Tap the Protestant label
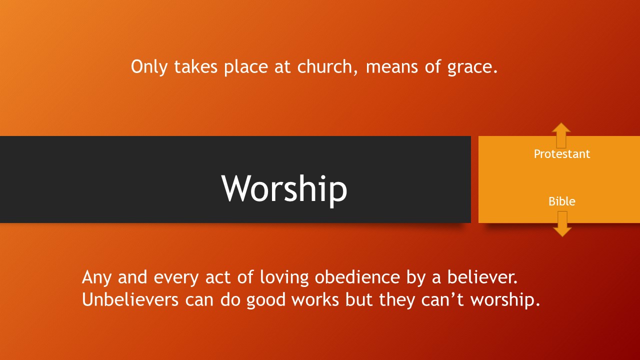(x=561, y=154)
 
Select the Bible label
(x=561, y=201)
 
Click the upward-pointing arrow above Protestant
(x=561, y=135)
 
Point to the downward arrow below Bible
(x=562, y=224)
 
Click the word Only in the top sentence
(x=149, y=67)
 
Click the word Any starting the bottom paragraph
(x=96, y=277)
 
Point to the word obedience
(x=357, y=277)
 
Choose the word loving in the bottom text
(x=284, y=278)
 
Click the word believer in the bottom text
(x=482, y=277)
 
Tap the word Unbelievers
(x=130, y=299)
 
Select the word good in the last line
(x=265, y=301)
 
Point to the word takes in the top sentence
(x=195, y=67)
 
